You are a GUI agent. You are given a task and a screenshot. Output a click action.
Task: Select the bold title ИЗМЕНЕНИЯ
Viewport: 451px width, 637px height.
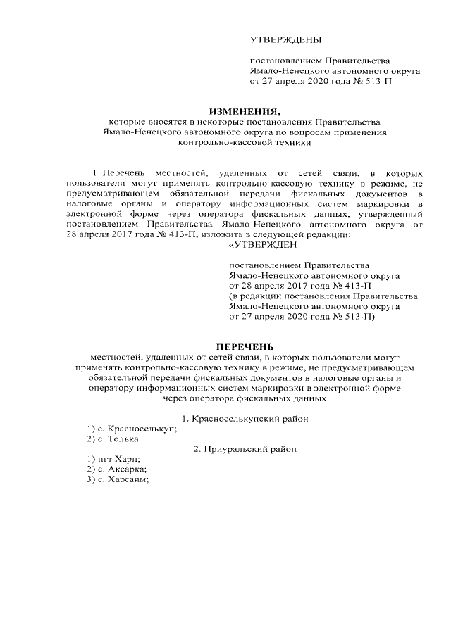point(245,111)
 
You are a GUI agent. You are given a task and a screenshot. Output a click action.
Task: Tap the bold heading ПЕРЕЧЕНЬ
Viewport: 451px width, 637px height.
point(245,347)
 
